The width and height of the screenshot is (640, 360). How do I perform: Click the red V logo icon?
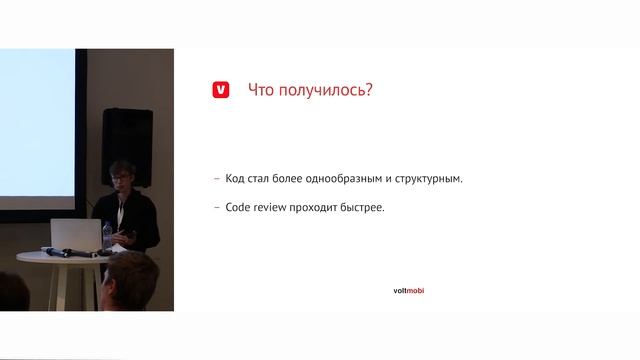pyautogui.click(x=221, y=90)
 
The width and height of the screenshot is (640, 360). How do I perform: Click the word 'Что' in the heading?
pyautogui.click(x=262, y=90)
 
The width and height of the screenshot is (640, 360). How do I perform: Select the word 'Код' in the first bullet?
pyautogui.click(x=237, y=179)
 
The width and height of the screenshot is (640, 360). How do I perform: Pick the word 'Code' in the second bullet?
pyautogui.click(x=240, y=208)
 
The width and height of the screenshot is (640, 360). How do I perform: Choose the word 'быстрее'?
pyautogui.click(x=362, y=208)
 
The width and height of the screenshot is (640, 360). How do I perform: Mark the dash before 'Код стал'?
pyautogui.click(x=217, y=179)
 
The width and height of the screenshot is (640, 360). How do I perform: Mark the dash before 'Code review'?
pyautogui.click(x=217, y=208)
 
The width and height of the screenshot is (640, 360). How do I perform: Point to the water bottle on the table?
pyautogui.click(x=108, y=237)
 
